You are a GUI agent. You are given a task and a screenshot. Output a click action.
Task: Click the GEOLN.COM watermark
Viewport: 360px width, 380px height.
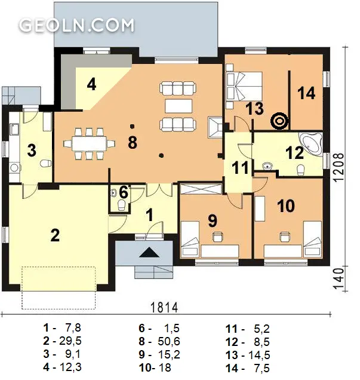click(76, 25)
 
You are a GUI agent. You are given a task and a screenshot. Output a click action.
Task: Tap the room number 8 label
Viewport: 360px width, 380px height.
click(133, 142)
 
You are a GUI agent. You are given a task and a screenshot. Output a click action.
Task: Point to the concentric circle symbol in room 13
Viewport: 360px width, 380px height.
click(279, 121)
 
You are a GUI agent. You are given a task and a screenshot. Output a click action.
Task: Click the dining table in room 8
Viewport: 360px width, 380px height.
click(90, 144)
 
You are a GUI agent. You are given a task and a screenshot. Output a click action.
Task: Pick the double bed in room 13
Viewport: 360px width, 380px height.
click(244, 86)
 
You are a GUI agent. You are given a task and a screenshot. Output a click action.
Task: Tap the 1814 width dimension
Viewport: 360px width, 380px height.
click(164, 308)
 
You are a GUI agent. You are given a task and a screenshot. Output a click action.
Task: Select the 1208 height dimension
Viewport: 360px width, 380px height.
click(339, 167)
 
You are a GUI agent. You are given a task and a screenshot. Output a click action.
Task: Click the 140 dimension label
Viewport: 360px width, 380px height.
click(339, 278)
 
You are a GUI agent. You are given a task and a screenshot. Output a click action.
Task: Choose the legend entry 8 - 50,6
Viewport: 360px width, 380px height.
click(159, 341)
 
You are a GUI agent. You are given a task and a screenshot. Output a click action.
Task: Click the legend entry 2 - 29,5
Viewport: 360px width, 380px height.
click(62, 341)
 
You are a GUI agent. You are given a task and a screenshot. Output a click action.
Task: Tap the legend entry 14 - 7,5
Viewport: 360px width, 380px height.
click(247, 368)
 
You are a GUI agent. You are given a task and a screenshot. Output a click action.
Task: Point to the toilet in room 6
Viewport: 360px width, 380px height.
click(121, 206)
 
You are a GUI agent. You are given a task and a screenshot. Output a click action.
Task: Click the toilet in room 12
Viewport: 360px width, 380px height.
click(300, 170)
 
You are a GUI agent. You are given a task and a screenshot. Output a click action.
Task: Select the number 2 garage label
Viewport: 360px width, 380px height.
click(55, 235)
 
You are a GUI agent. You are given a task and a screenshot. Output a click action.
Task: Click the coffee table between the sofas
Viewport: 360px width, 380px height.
click(179, 106)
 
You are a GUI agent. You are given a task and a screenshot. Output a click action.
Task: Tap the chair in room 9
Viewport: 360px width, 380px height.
click(217, 237)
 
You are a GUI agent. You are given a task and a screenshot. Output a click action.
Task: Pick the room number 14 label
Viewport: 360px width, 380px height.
click(306, 93)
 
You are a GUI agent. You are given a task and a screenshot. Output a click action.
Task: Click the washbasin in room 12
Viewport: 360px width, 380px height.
click(267, 166)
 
